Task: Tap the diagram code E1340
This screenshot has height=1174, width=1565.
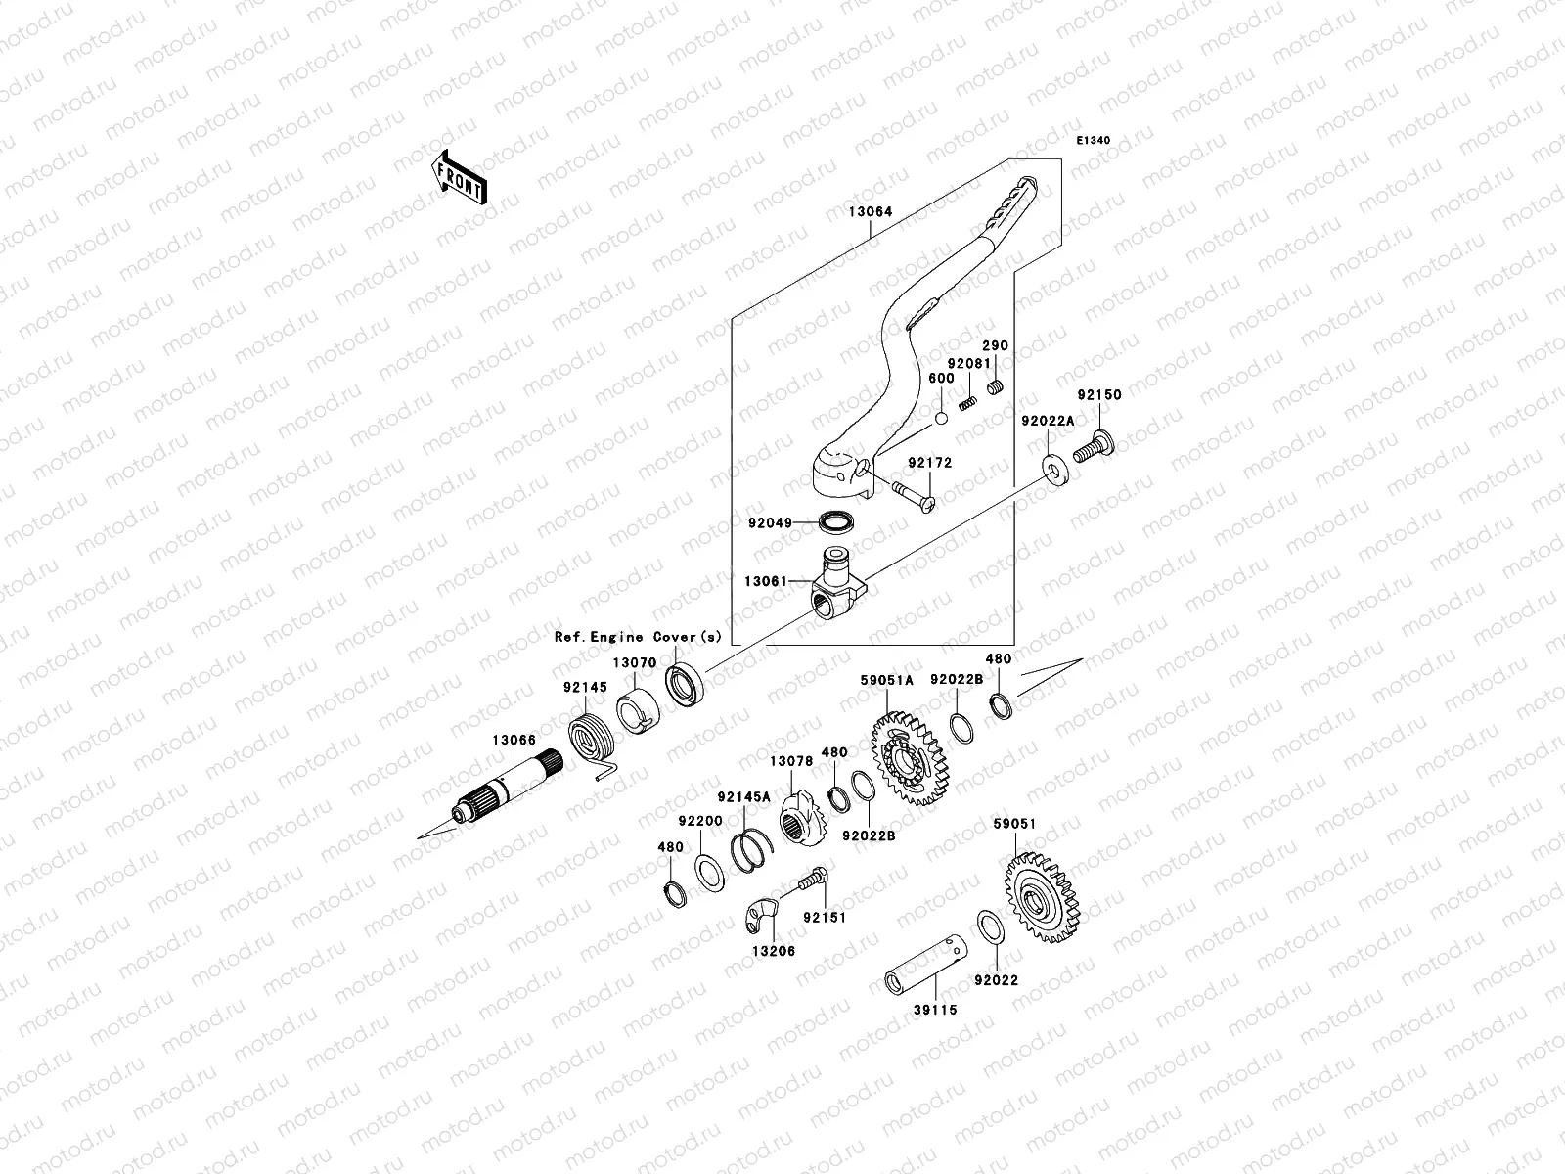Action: pyautogui.click(x=1094, y=141)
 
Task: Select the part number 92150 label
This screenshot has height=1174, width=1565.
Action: pyautogui.click(x=1099, y=396)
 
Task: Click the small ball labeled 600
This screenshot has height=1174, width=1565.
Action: pyautogui.click(x=941, y=418)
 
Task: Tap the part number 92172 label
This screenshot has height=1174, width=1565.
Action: pyautogui.click(x=928, y=463)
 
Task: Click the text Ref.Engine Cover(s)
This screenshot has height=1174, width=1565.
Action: pyautogui.click(x=638, y=637)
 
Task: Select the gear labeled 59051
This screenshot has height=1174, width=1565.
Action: pyautogui.click(x=1042, y=897)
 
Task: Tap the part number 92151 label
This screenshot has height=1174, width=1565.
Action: pyautogui.click(x=824, y=919)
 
